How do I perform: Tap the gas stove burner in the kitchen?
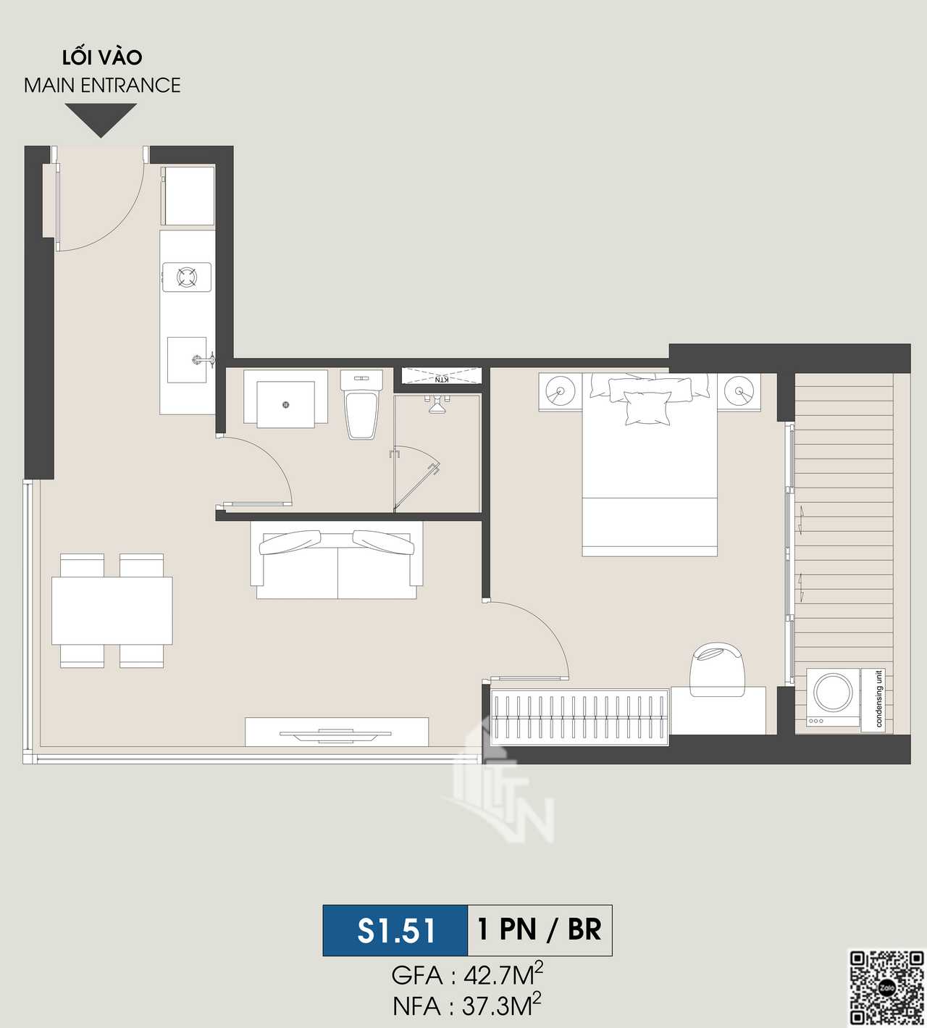pyautogui.click(x=187, y=277)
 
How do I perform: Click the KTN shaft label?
pyautogui.click(x=442, y=380)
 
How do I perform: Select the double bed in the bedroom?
pyautogui.click(x=649, y=465)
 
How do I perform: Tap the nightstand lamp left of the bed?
pyautogui.click(x=560, y=391)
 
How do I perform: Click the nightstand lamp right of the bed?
pyautogui.click(x=739, y=391)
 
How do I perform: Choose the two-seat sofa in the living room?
pyautogui.click(x=337, y=559)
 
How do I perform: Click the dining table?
pyautogui.click(x=112, y=610)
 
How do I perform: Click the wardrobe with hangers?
pyautogui.click(x=579, y=717)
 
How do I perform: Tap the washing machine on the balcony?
pyautogui.click(x=833, y=697)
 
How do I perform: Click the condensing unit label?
pyautogui.click(x=879, y=699)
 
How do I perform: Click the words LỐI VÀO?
pyautogui.click(x=103, y=57)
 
